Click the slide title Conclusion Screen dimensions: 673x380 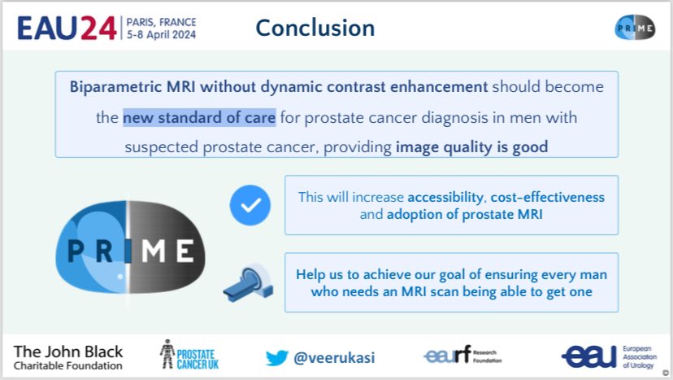click(315, 28)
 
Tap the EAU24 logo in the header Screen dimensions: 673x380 click(67, 28)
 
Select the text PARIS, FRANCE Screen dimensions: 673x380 click(162, 22)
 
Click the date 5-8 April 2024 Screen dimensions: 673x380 click(162, 35)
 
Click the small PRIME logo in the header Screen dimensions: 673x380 click(635, 28)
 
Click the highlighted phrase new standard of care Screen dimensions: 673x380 click(199, 117)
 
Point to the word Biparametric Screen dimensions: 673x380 click(115, 87)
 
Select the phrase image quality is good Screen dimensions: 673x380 click(471, 147)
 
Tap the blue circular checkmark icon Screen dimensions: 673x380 click(250, 205)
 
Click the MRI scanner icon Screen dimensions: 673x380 click(249, 282)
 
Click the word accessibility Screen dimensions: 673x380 click(445, 197)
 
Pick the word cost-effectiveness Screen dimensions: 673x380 click(548, 197)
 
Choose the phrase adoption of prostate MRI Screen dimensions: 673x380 click(465, 214)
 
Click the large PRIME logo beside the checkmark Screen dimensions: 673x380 click(130, 247)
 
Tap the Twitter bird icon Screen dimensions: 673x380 click(277, 358)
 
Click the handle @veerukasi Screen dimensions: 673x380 click(334, 358)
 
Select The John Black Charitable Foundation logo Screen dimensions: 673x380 click(67, 358)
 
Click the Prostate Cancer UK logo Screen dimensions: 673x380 click(189, 355)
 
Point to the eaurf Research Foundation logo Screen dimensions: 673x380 click(462, 355)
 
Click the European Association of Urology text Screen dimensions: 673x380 click(640, 356)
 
